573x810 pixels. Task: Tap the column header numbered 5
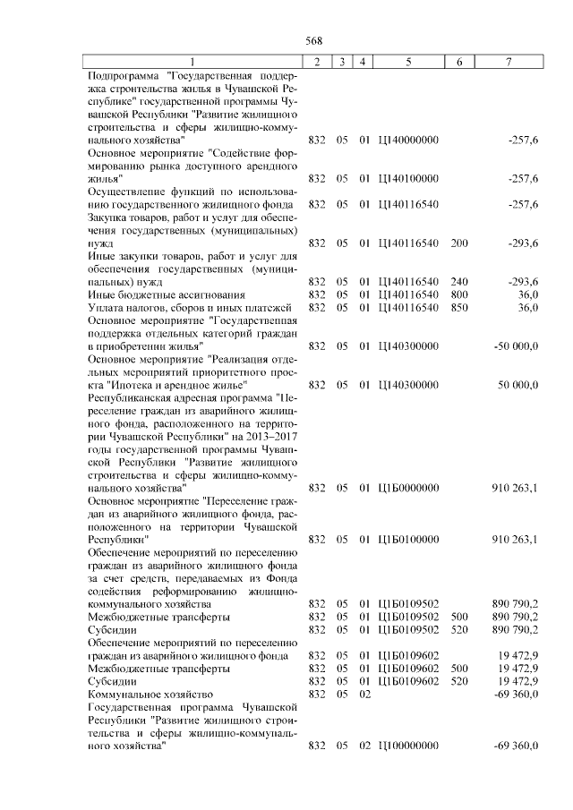(408, 61)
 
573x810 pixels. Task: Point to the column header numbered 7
(509, 61)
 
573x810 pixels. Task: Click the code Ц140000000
(409, 141)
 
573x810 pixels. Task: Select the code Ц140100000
(409, 179)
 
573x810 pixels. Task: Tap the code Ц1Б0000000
(409, 488)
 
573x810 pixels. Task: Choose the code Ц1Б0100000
(409, 540)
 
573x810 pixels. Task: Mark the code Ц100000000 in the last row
(409, 746)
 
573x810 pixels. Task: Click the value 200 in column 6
(459, 243)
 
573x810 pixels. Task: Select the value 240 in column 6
(459, 282)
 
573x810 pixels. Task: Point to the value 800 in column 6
(459, 294)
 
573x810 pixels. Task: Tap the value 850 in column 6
(459, 308)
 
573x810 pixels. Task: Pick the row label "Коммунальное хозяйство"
(150, 694)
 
